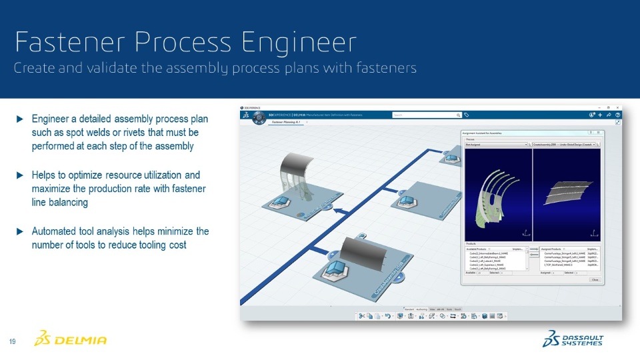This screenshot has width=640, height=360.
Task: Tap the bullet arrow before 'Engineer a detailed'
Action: [x=20, y=119]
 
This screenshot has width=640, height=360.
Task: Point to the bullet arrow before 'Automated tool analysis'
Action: [x=20, y=231]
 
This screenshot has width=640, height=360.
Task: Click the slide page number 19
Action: [x=12, y=342]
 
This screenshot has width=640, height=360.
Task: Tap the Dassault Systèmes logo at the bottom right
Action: [x=573, y=339]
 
